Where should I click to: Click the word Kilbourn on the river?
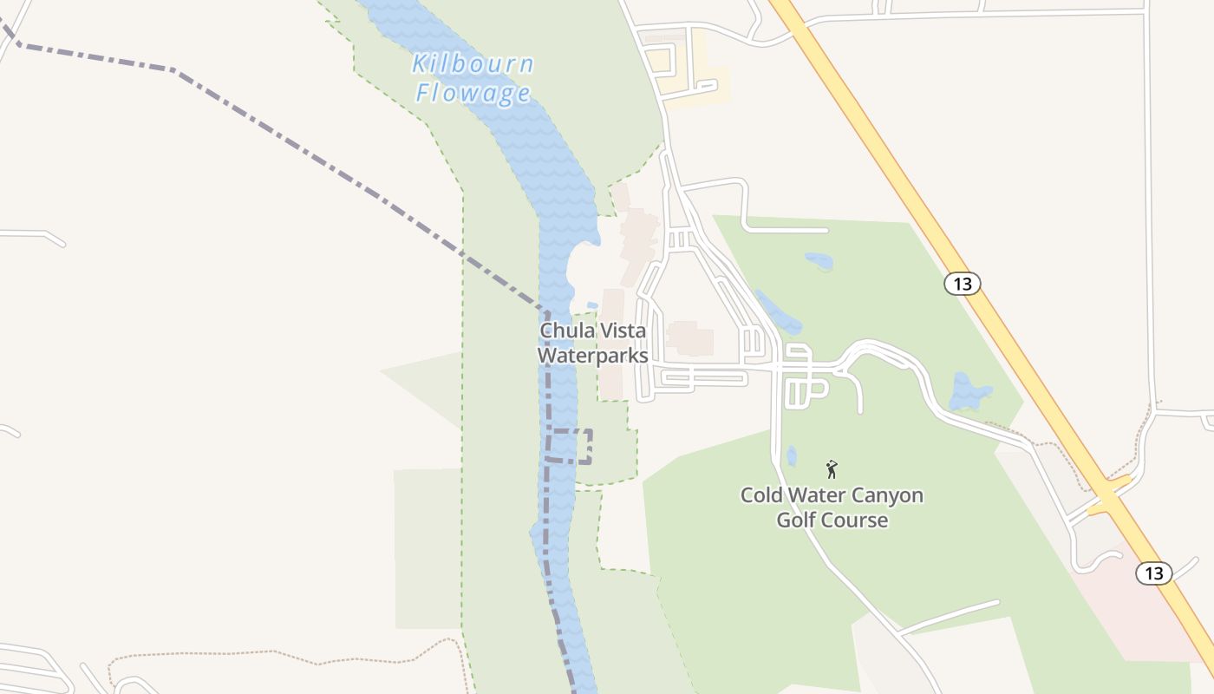click(473, 64)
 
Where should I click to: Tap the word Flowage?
click(473, 92)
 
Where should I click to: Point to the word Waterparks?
click(592, 356)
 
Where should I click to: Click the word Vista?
click(620, 331)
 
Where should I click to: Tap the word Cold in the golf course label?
click(761, 495)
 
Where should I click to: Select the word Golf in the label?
click(795, 520)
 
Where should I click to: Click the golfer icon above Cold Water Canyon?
click(832, 469)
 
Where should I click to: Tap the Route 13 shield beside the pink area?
click(1153, 573)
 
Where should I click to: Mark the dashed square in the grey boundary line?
click(571, 445)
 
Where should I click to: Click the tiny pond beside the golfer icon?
click(791, 456)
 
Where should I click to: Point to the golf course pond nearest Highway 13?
click(969, 391)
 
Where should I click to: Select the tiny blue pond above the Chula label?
click(592, 305)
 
